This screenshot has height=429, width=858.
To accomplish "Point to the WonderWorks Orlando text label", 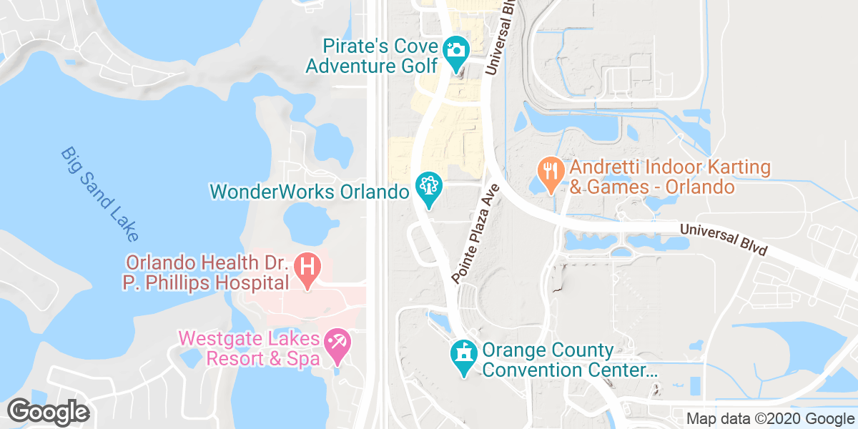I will pos(308,192).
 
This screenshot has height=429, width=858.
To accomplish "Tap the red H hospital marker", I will pos(308,269).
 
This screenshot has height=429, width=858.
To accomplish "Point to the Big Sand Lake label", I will pos(99,194).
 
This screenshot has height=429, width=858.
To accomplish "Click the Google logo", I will pos(48,413).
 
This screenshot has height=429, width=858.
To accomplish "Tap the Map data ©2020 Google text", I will pos(769,418).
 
